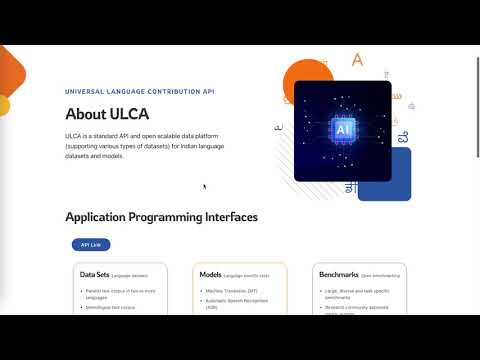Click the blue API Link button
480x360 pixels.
coord(90,244)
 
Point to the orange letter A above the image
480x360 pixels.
coord(357,60)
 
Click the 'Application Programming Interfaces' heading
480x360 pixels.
coord(161,217)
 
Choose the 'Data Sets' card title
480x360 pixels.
coord(94,273)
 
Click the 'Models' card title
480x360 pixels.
coord(210,273)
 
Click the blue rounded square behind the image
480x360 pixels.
coord(398,180)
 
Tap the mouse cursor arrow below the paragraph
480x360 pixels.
coord(204,186)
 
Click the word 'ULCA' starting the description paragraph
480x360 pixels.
coord(75,135)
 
